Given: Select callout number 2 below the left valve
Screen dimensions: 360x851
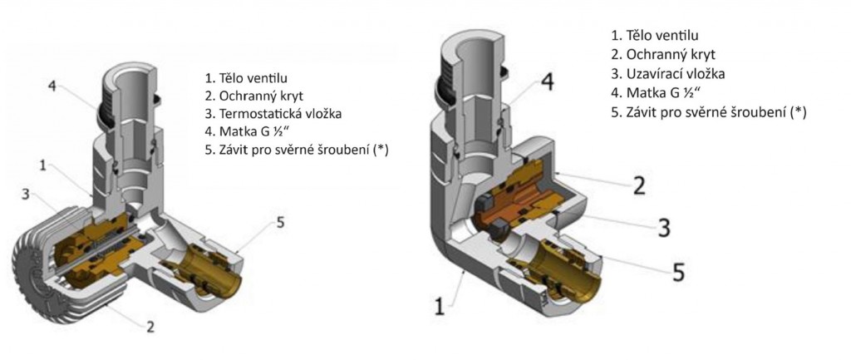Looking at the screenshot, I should click(x=150, y=327).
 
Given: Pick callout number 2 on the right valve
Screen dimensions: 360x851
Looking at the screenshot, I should click(x=639, y=185).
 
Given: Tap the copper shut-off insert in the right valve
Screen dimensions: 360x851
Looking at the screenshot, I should click(x=507, y=204).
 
